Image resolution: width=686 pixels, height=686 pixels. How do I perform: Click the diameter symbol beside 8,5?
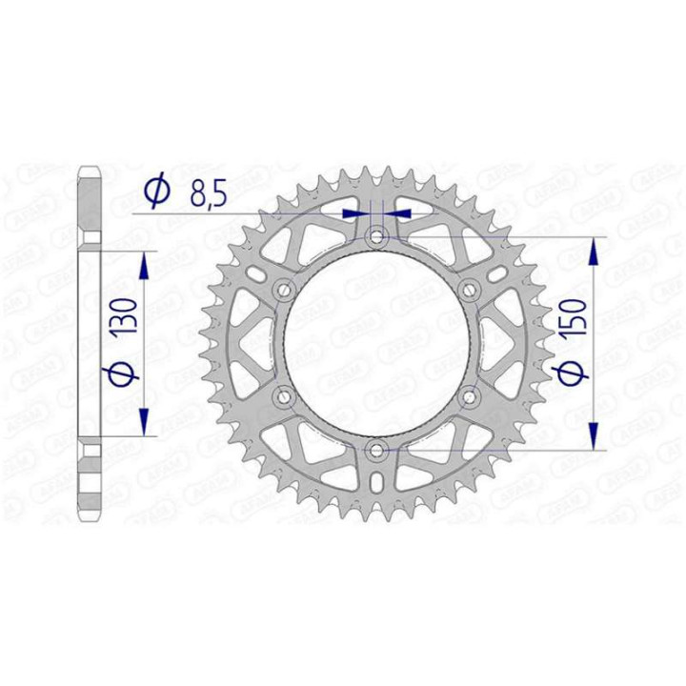[x=157, y=193]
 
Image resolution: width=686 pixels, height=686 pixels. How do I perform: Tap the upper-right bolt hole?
[x=469, y=288]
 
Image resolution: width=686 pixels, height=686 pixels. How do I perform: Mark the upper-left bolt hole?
[x=284, y=288]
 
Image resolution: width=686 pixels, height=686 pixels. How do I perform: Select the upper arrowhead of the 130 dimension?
[x=145, y=266]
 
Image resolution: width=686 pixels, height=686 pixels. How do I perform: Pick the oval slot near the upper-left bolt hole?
[x=258, y=273]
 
